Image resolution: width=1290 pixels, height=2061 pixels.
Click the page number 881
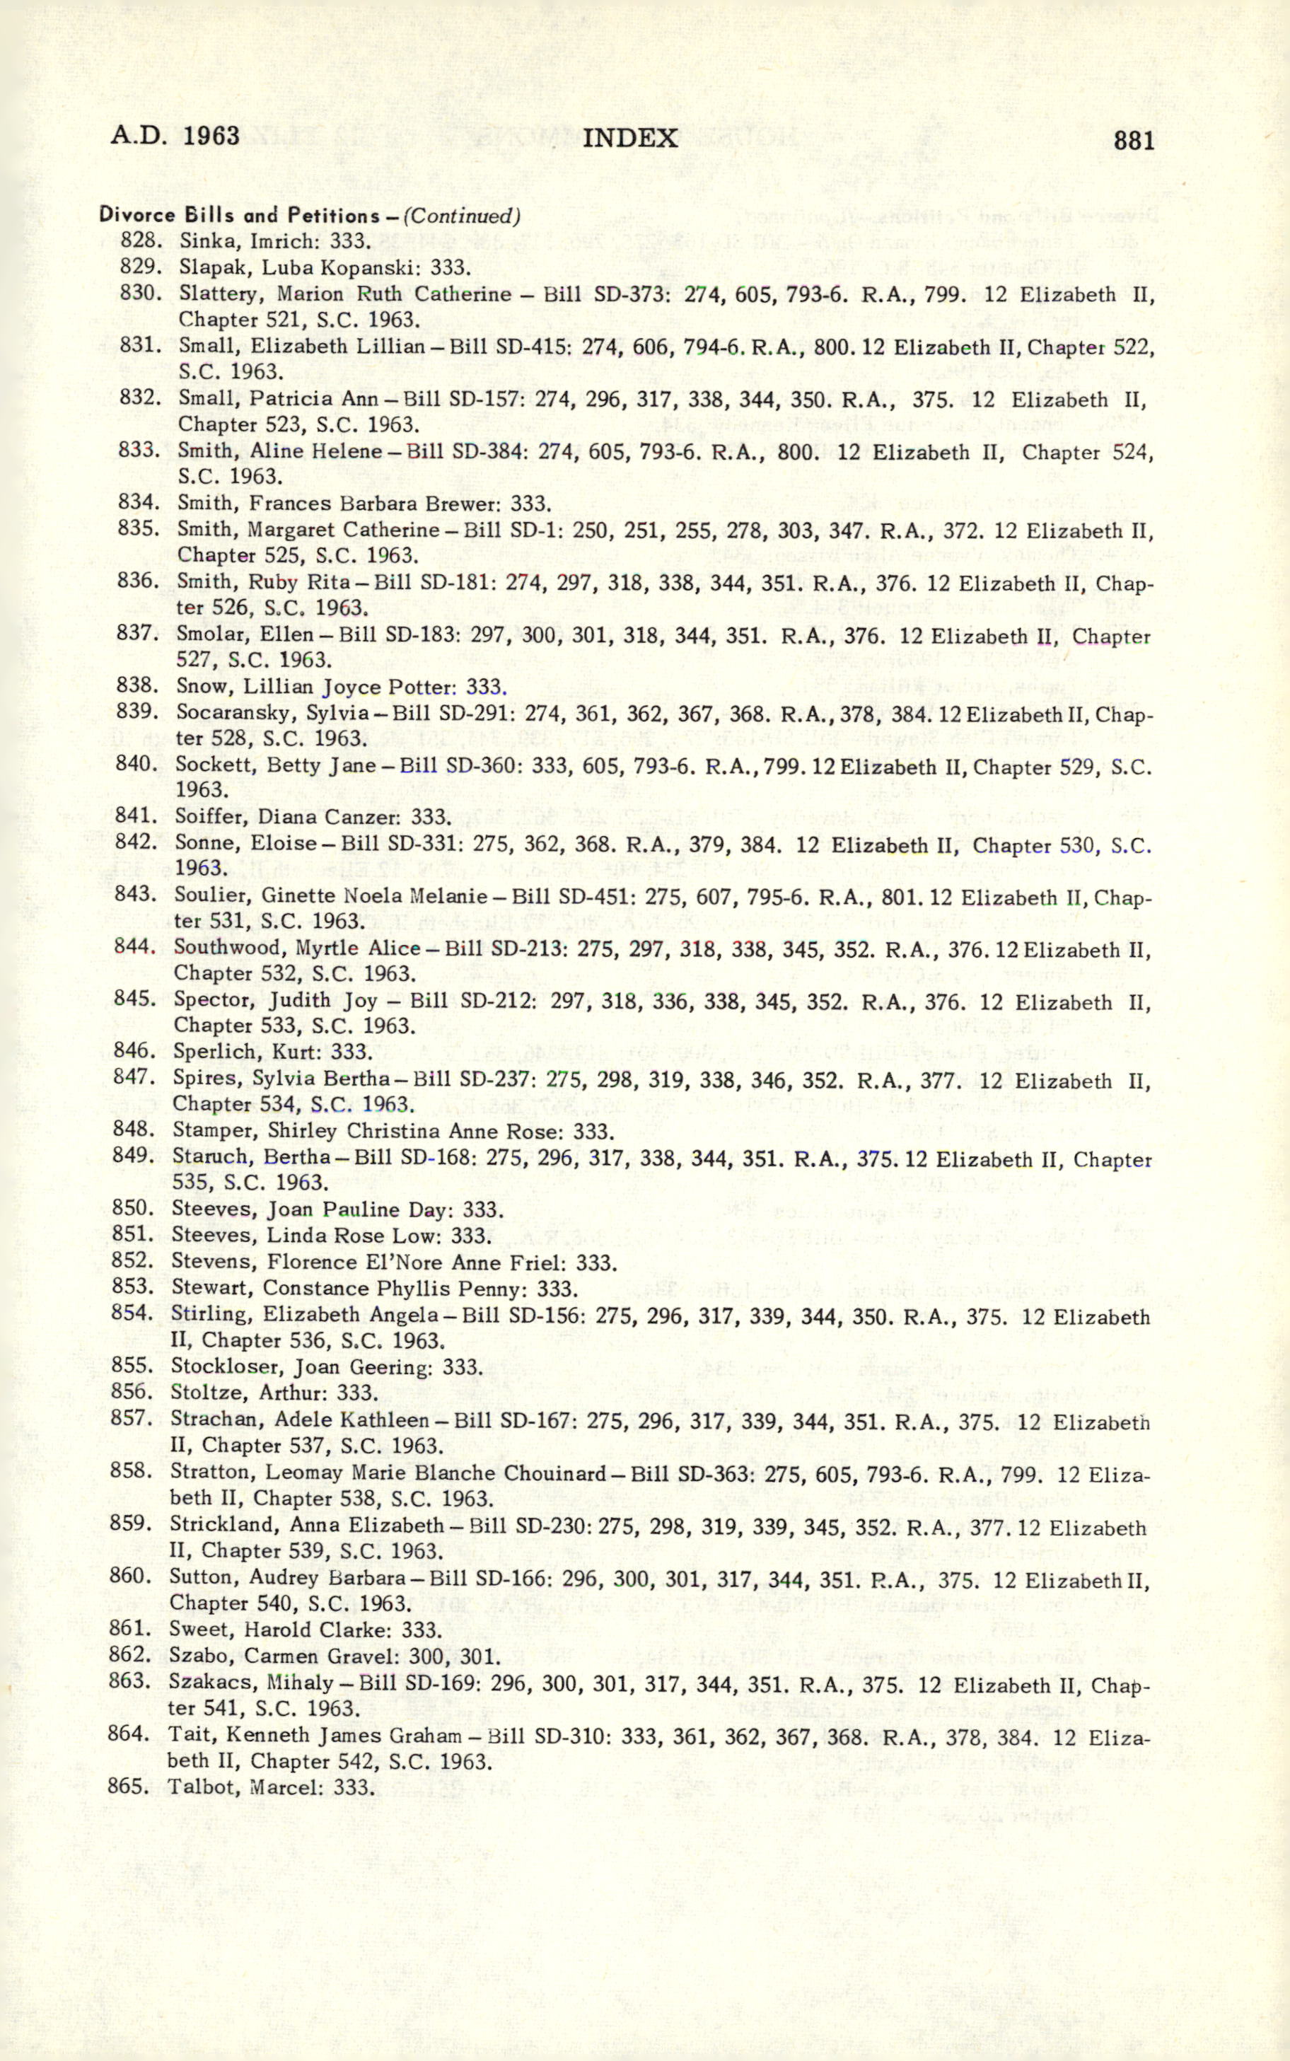tap(1133, 140)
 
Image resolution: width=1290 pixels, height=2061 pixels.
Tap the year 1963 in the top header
tap(211, 136)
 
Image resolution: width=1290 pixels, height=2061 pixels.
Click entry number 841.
tap(136, 816)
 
